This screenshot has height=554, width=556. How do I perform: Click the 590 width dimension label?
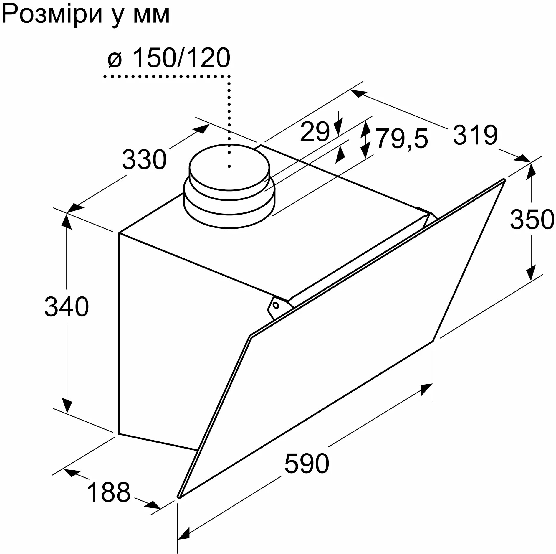(x=307, y=464)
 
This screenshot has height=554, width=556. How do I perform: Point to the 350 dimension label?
(x=532, y=219)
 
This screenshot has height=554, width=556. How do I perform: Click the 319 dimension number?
(x=475, y=135)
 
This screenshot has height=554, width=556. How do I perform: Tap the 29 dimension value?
(x=315, y=132)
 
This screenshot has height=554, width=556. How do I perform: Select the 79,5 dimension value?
(x=402, y=138)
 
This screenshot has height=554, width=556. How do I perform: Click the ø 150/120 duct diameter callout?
(x=169, y=58)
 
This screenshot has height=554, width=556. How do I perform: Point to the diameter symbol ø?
(x=115, y=60)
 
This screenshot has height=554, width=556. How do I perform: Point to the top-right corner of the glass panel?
(x=504, y=180)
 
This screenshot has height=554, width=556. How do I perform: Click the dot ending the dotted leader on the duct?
(x=229, y=167)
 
